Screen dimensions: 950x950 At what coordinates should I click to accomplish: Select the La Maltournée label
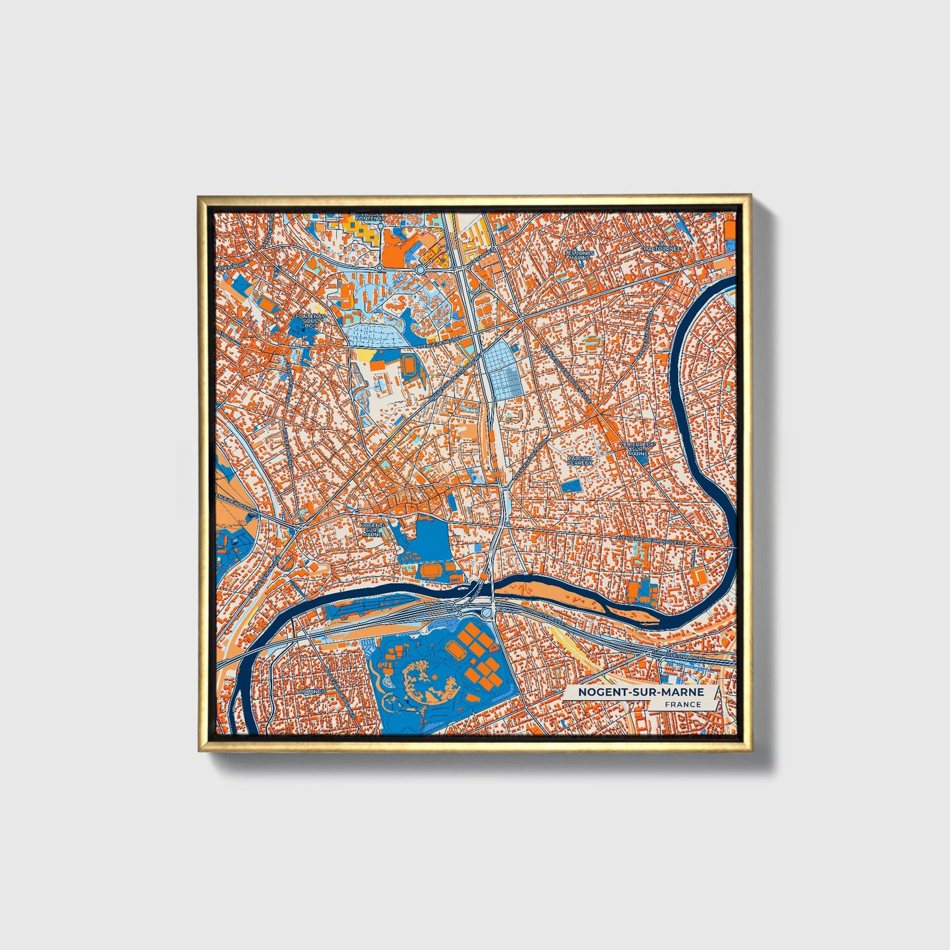pyautogui.click(x=661, y=248)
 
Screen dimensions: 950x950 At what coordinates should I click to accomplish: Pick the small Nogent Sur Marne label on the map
pyautogui.click(x=372, y=530)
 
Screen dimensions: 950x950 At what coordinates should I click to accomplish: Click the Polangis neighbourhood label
pyautogui.click(x=312, y=692)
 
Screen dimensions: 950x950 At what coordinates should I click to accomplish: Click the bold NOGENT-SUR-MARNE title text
pyautogui.click(x=640, y=692)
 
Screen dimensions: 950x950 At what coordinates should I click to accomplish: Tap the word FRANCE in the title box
pyautogui.click(x=682, y=705)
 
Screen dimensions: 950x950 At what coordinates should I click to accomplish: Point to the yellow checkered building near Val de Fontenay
pyautogui.click(x=359, y=231)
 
